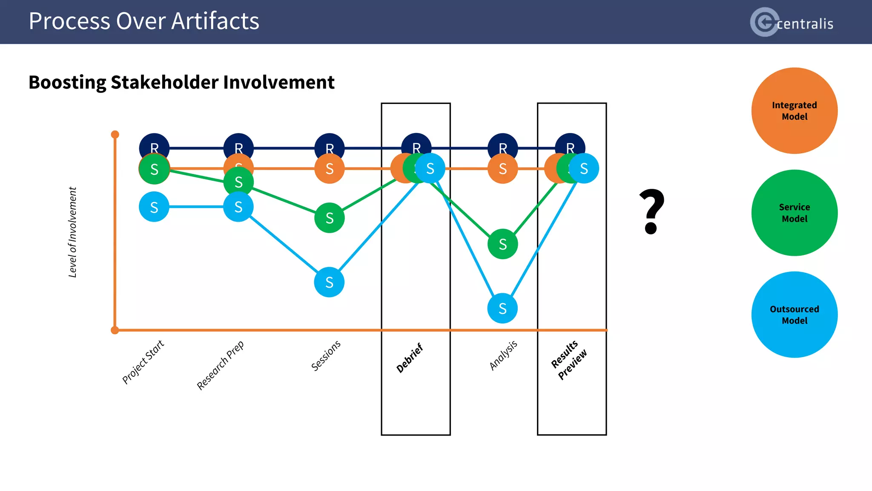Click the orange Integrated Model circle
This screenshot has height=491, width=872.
coord(794,111)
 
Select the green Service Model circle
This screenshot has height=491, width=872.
coord(794,213)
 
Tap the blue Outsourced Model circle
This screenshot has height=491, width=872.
coord(794,315)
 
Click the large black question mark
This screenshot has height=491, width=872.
coord(651,211)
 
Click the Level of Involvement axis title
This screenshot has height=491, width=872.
coord(73,232)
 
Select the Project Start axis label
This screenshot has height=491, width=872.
coord(143,362)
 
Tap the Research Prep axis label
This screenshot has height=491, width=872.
coord(220,365)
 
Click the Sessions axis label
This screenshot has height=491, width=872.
coord(326,355)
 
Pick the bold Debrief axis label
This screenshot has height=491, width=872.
coord(410,358)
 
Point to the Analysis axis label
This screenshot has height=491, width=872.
coord(503,355)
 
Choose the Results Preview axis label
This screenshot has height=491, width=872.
coord(569,360)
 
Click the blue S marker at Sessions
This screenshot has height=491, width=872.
coord(329,282)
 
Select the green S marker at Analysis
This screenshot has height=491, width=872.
coord(503,244)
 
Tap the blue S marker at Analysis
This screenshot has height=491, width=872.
coord(502,308)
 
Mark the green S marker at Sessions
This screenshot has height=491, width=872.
coord(330,218)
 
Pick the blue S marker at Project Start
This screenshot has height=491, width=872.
coord(154,207)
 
